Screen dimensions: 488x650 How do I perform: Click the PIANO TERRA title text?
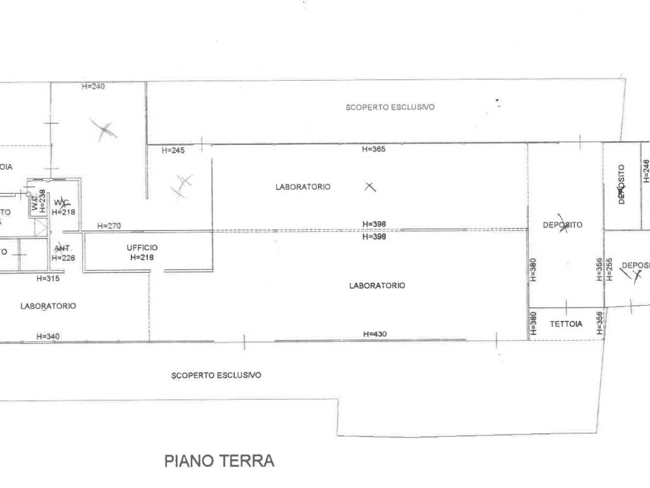point(219,461)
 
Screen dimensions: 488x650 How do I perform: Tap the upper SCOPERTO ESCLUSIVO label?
point(390,107)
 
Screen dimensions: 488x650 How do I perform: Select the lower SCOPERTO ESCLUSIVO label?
point(216,376)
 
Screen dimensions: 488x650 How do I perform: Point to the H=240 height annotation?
point(93,86)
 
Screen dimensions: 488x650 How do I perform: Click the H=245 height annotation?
point(173,151)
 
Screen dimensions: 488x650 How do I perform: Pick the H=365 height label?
point(374,149)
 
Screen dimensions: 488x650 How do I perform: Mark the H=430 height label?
point(375,334)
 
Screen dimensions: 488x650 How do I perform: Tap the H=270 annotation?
point(109,226)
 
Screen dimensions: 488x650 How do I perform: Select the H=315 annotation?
point(48,278)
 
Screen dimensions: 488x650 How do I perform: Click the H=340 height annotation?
point(48,336)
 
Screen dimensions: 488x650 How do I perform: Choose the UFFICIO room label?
point(142,248)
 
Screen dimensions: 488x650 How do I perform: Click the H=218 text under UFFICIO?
point(142,257)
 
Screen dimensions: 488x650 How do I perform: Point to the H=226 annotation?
point(63,258)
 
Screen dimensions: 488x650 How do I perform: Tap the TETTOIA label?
point(566,324)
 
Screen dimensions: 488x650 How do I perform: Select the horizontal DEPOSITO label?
point(562,225)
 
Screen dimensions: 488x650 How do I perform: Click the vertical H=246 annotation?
point(646,171)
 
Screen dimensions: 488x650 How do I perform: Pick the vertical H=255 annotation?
point(609,269)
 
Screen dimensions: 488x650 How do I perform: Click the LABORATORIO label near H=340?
point(48,306)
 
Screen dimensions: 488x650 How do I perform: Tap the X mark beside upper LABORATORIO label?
point(369,187)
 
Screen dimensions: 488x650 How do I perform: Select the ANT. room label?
point(62,248)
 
